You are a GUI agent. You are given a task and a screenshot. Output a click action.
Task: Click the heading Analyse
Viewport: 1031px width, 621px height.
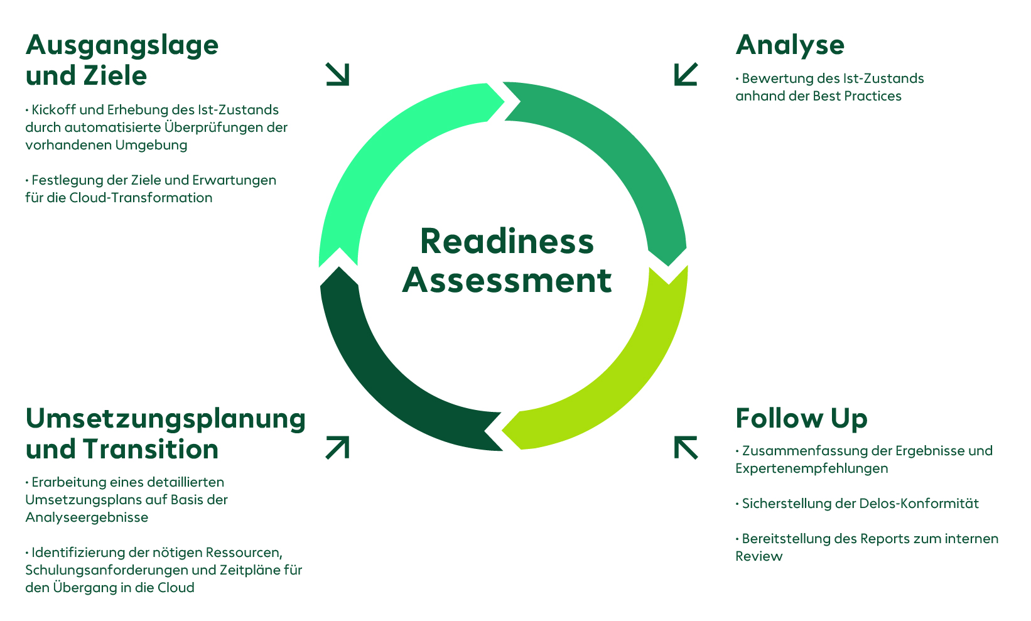tap(790, 45)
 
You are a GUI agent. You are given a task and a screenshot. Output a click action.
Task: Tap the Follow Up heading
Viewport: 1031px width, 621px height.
tap(801, 419)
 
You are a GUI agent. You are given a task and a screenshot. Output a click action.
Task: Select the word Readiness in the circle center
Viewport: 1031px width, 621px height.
tap(507, 242)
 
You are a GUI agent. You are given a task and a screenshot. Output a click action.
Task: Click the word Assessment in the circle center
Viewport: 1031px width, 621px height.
tap(507, 280)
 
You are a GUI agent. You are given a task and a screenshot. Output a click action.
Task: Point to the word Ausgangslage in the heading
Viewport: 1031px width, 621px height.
tap(122, 45)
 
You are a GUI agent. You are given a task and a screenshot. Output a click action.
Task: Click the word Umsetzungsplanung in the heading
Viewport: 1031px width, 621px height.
tap(165, 419)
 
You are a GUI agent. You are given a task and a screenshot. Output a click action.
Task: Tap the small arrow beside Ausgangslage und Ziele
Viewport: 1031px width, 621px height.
tap(337, 74)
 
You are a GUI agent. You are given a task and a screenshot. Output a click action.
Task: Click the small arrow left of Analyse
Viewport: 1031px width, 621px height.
tap(686, 74)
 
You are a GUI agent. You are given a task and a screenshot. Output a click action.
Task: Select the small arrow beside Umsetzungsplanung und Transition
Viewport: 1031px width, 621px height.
tap(337, 448)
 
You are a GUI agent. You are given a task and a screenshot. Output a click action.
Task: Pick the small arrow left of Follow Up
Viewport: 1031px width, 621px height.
tap(686, 448)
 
